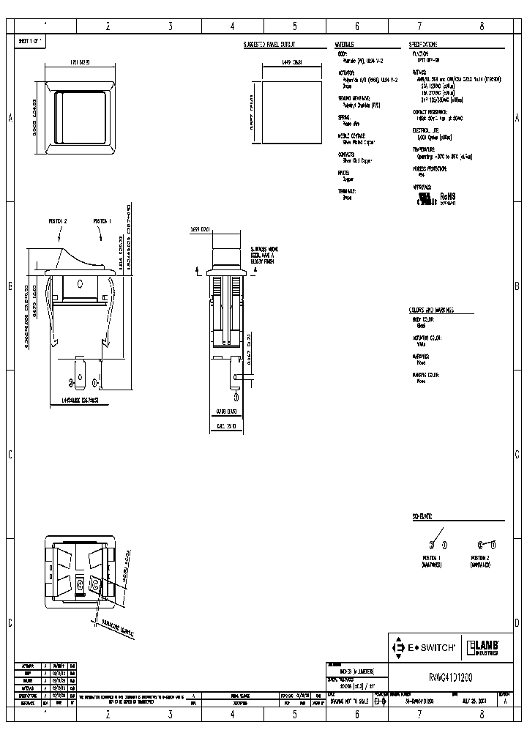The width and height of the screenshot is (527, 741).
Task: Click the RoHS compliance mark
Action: coord(448,198)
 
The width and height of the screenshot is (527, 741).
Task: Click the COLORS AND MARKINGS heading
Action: coord(432,310)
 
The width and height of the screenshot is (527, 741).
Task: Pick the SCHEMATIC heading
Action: coord(423,516)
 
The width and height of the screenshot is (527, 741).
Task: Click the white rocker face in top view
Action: coord(81,119)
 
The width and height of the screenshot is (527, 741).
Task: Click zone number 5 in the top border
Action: coord(295,26)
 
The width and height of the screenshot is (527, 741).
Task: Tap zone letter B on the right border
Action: coord(517,286)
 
